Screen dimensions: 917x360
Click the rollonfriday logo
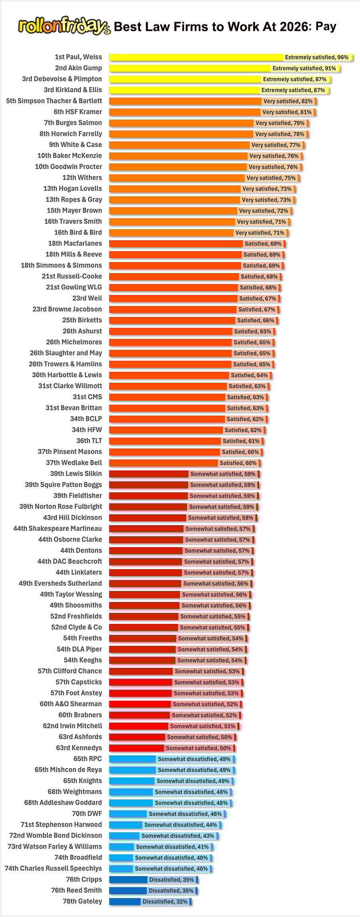pos(64,26)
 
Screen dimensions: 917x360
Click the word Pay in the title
pos(326,26)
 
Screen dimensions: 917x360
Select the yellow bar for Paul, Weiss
pos(196,57)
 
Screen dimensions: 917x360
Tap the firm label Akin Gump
pos(78,68)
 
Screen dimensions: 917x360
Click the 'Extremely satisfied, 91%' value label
pos(304,68)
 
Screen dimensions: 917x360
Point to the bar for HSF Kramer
pos(184,112)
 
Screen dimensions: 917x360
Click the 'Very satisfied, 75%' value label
pos(271,178)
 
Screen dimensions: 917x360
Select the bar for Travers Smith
pos(172,222)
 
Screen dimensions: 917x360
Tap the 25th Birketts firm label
pos(82,320)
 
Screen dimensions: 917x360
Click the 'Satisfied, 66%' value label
pos(256,320)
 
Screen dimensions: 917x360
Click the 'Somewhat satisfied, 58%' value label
pos(220,517)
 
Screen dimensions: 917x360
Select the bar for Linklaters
pos(146,572)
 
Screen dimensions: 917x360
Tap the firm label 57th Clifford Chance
pos(70,671)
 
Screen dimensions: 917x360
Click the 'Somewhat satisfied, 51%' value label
pos(202,726)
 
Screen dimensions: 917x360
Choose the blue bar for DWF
pos(128,813)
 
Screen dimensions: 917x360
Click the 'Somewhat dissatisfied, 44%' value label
pos(180,825)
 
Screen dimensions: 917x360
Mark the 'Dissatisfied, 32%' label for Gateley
pos(165,901)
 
